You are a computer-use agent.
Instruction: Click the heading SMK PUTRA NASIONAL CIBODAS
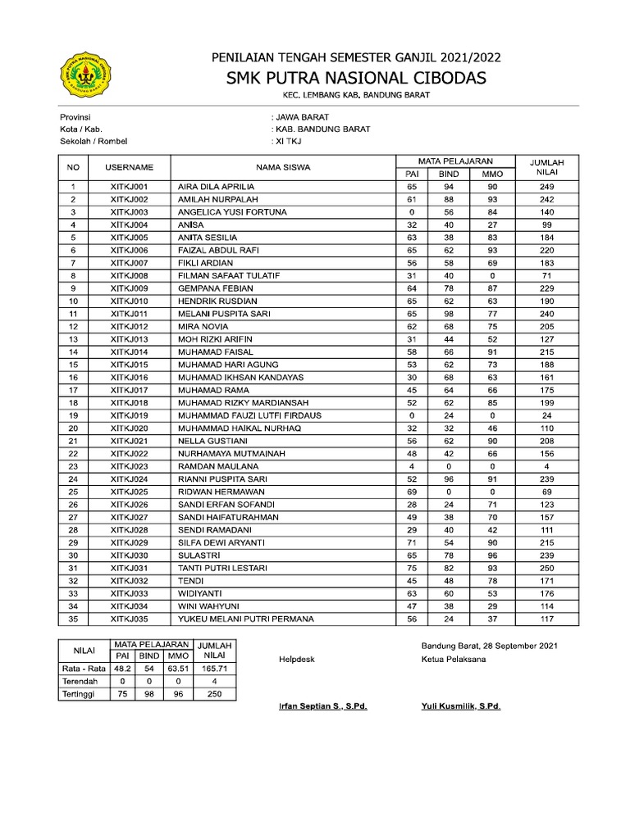(x=356, y=78)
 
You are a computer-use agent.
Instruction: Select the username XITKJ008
(x=129, y=275)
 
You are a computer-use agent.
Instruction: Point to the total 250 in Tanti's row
(x=547, y=568)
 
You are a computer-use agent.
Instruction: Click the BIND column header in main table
(x=449, y=174)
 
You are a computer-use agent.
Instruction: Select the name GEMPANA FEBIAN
(x=216, y=288)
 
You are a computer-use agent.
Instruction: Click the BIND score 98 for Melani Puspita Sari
(x=449, y=314)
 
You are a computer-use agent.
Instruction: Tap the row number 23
(x=73, y=466)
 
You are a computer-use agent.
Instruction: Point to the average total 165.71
(x=213, y=669)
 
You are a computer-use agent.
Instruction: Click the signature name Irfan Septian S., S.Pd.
(x=322, y=705)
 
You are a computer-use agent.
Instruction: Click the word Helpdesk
(x=297, y=659)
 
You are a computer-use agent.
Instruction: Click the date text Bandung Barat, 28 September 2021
(x=490, y=646)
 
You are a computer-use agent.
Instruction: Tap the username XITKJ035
(x=129, y=619)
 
